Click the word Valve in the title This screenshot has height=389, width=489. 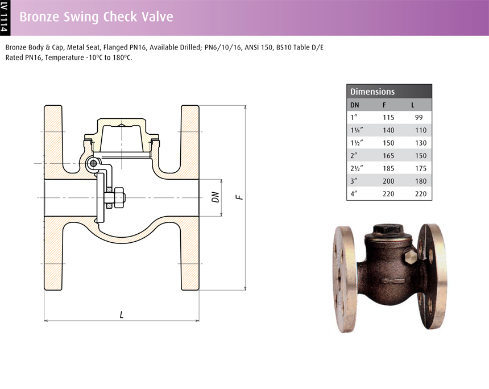[158, 16]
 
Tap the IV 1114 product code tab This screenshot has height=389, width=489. [5, 18]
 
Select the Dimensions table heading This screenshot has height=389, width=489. [372, 92]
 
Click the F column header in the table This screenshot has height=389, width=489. [384, 105]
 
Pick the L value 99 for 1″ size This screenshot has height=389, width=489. [419, 118]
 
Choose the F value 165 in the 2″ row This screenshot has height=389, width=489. [388, 156]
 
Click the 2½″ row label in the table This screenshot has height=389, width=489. [357, 168]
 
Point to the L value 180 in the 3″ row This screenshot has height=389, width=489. [421, 181]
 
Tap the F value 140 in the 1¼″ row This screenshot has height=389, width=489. [388, 130]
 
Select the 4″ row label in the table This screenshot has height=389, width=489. [354, 194]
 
